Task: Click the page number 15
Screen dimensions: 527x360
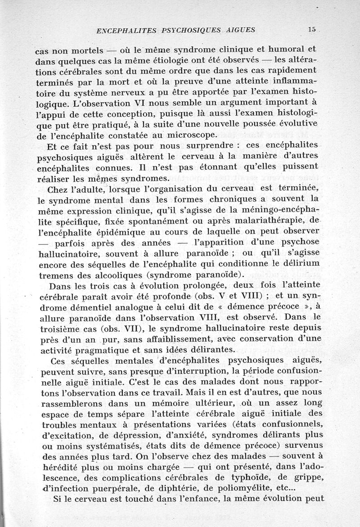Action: pyautogui.click(x=312, y=30)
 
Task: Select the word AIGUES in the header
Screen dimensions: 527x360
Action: pyautogui.click(x=239, y=31)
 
